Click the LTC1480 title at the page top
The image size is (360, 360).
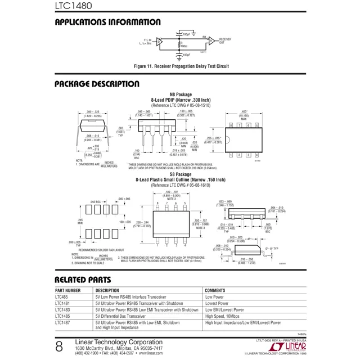[73, 7]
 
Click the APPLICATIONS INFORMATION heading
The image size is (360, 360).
[107, 22]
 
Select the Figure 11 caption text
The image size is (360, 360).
[181, 66]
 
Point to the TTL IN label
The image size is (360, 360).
[147, 40]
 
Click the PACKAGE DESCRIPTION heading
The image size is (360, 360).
[97, 84]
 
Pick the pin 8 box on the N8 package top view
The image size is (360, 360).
[231, 125]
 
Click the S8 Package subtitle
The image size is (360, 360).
[181, 174]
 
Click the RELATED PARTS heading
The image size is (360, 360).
[83, 280]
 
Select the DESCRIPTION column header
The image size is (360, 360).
[107, 290]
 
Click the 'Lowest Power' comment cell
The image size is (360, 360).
[217, 303]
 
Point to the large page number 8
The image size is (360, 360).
[59, 347]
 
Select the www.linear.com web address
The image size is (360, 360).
[147, 353]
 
